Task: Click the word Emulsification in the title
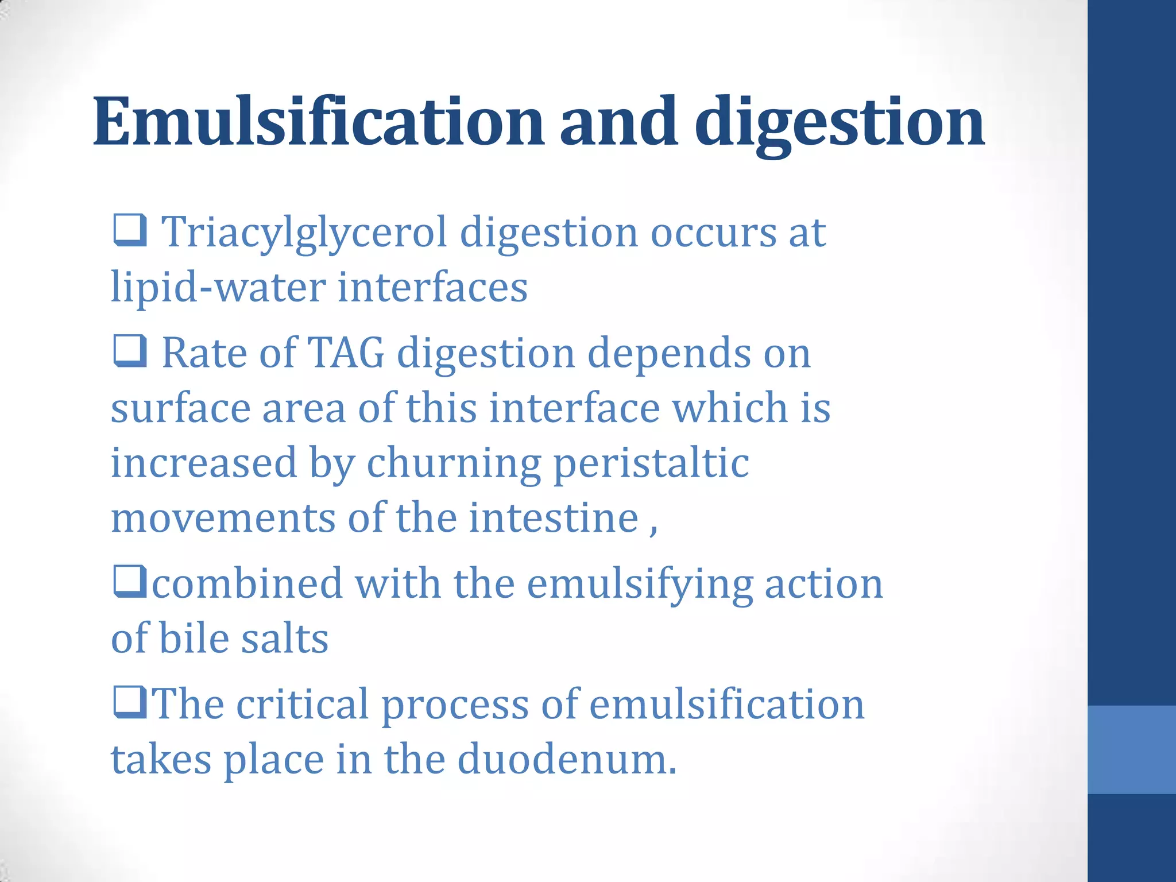(x=319, y=122)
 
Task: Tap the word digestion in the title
(x=840, y=122)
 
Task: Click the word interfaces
(x=432, y=287)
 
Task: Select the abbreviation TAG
(x=346, y=353)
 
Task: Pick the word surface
(x=180, y=408)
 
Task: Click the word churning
(x=454, y=463)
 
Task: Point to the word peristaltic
(x=651, y=463)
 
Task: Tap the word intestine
(x=554, y=518)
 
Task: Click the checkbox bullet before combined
(x=130, y=581)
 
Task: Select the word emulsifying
(x=640, y=585)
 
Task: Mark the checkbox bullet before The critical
(x=130, y=702)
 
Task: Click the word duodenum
(x=567, y=759)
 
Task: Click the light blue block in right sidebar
(x=1131, y=749)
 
